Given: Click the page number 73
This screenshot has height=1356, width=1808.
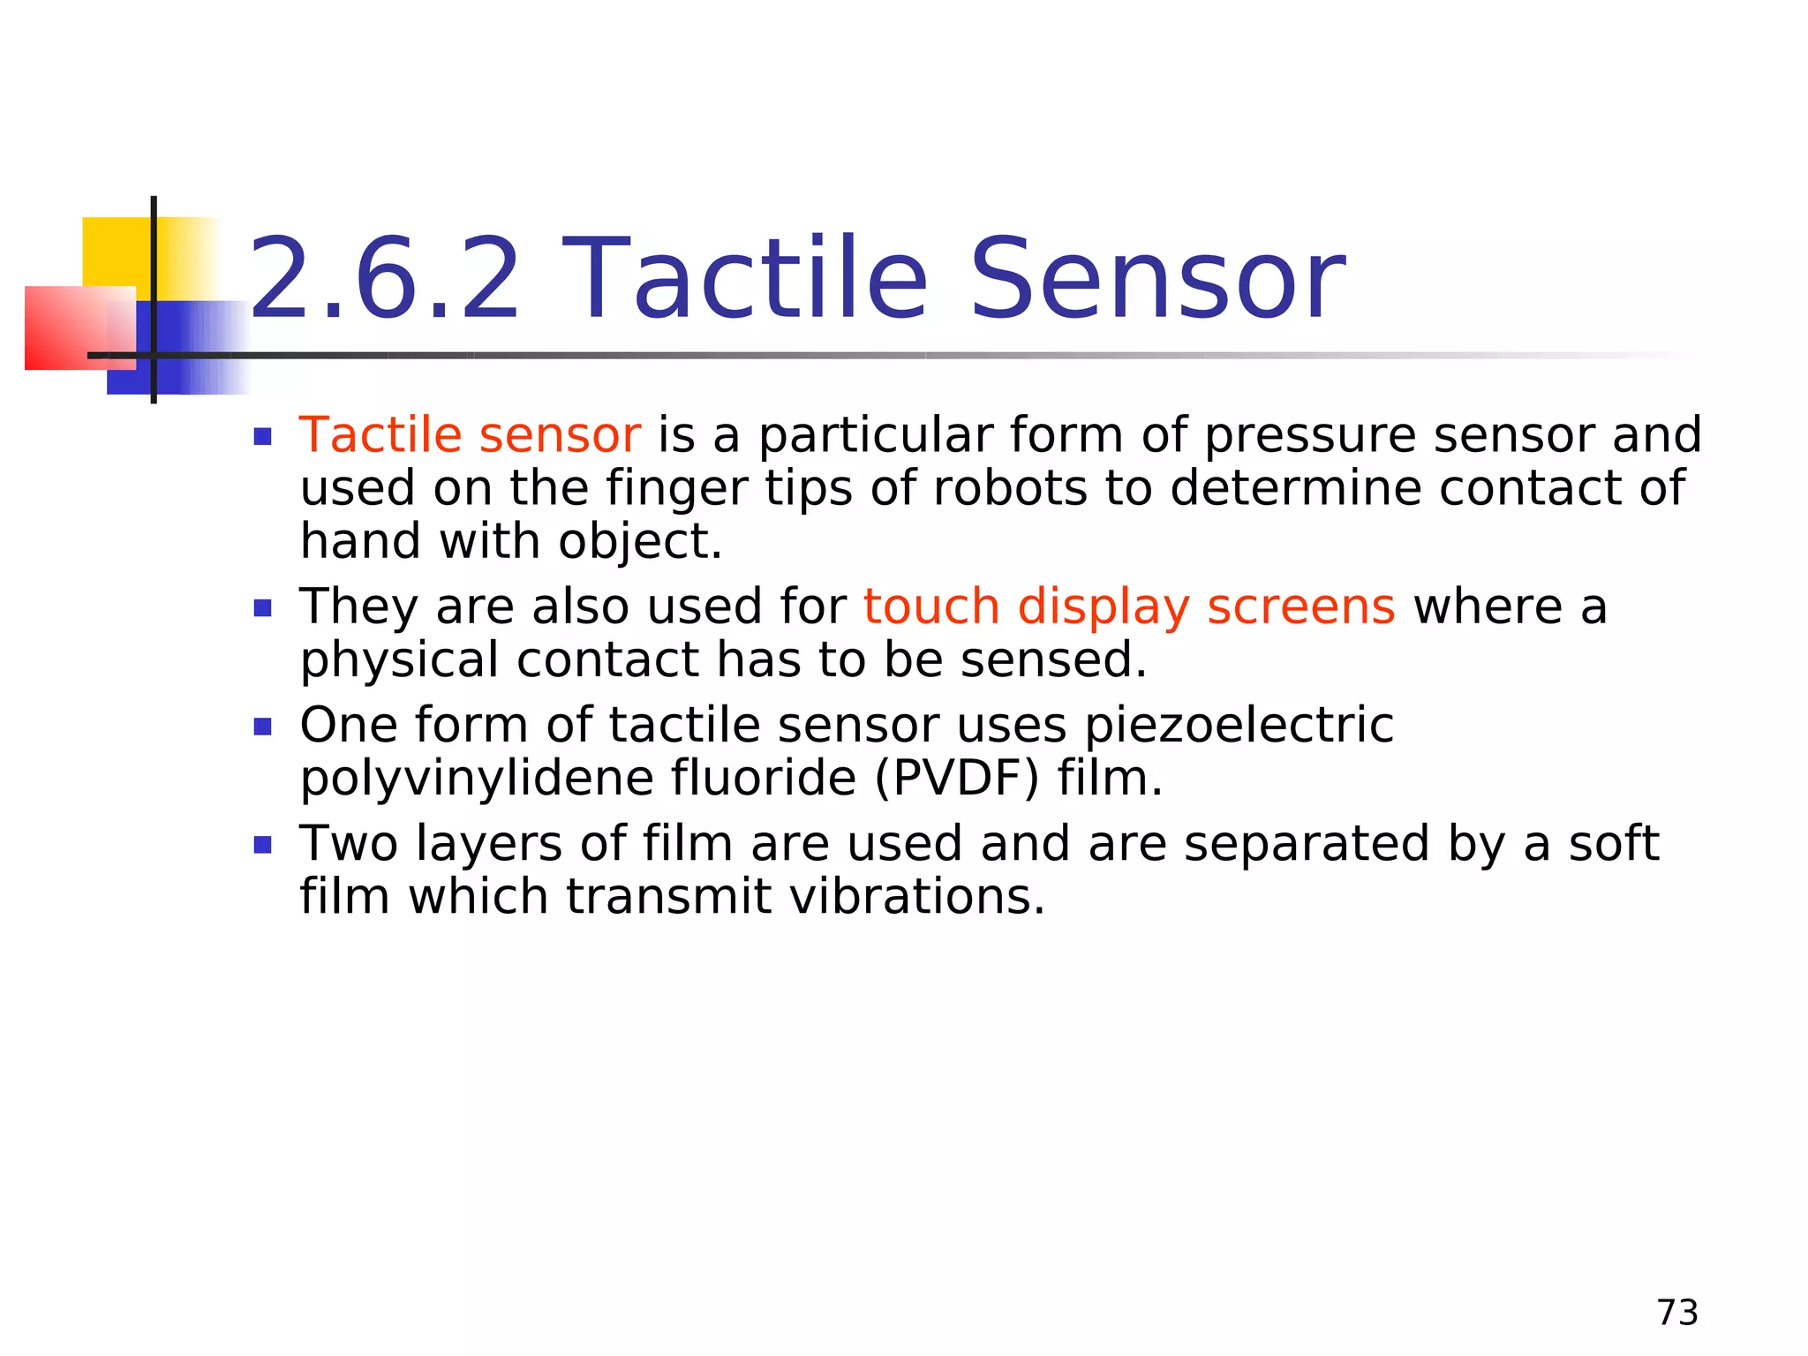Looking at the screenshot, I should [1677, 1313].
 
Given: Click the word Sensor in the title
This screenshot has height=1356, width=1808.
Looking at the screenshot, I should [1156, 279].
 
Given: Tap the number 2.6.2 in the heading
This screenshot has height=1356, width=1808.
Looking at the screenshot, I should [385, 279].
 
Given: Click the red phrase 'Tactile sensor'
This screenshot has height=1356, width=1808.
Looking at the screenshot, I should [470, 435].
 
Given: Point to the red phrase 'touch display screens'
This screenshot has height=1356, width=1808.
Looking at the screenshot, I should [1129, 607].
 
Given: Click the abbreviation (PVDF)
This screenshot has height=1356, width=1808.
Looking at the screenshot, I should [957, 779].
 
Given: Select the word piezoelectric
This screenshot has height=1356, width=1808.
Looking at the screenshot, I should [1239, 726].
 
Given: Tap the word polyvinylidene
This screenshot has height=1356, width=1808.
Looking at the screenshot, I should [476, 779].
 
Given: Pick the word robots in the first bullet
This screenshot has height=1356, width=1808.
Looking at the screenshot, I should [1010, 488].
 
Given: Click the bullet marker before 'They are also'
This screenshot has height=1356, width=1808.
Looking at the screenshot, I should [262, 608].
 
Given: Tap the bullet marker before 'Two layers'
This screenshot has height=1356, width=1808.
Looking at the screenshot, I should [262, 846].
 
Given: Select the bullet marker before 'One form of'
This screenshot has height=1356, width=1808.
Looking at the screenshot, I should [262, 727].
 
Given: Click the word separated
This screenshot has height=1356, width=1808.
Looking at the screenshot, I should [1306, 844].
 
